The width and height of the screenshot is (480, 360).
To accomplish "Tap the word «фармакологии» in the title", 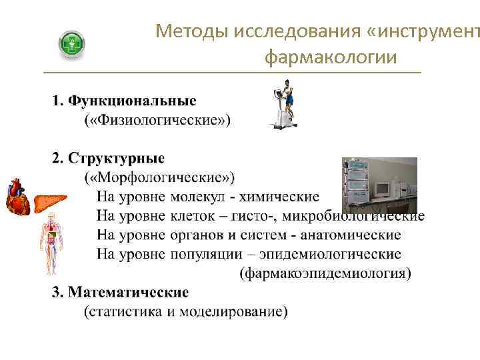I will [331, 59].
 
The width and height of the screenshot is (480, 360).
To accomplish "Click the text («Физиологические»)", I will [157, 120].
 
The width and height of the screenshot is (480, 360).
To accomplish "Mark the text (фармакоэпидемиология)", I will [325, 273].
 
